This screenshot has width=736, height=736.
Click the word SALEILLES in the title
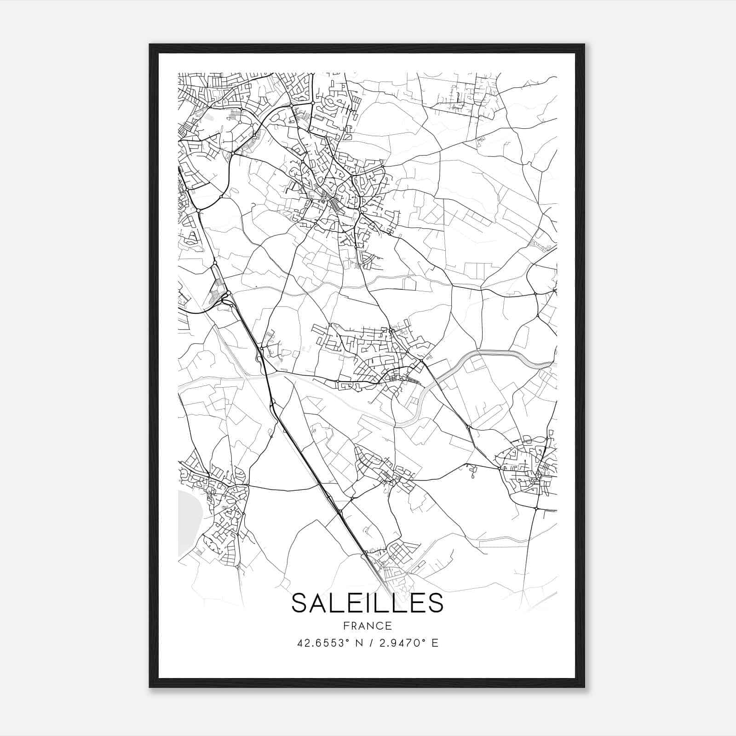click(367, 603)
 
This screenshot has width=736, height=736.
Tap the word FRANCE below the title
click(367, 626)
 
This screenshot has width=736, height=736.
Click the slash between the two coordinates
click(370, 643)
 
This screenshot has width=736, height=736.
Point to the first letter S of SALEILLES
click(300, 603)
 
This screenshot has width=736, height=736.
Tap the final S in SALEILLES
click(435, 603)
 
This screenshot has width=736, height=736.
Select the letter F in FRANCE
click(345, 626)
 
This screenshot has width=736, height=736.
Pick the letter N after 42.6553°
click(359, 643)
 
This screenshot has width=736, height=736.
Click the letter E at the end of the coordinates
click(435, 643)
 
